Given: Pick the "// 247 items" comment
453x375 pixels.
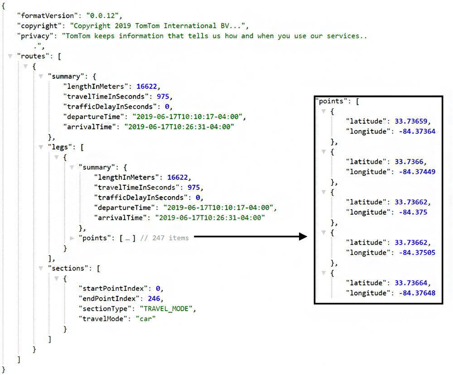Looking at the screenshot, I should click(166, 238).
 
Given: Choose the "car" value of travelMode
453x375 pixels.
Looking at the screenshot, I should click(146, 318).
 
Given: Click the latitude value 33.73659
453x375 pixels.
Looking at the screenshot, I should click(413, 121).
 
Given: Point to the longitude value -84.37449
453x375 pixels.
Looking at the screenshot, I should click(417, 172).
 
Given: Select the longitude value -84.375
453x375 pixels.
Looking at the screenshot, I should click(413, 212).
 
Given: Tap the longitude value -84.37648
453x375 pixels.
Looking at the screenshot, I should click(417, 293).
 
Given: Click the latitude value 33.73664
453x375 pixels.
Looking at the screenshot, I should click(413, 283).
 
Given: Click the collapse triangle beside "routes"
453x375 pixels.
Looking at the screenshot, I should click(10, 56).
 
